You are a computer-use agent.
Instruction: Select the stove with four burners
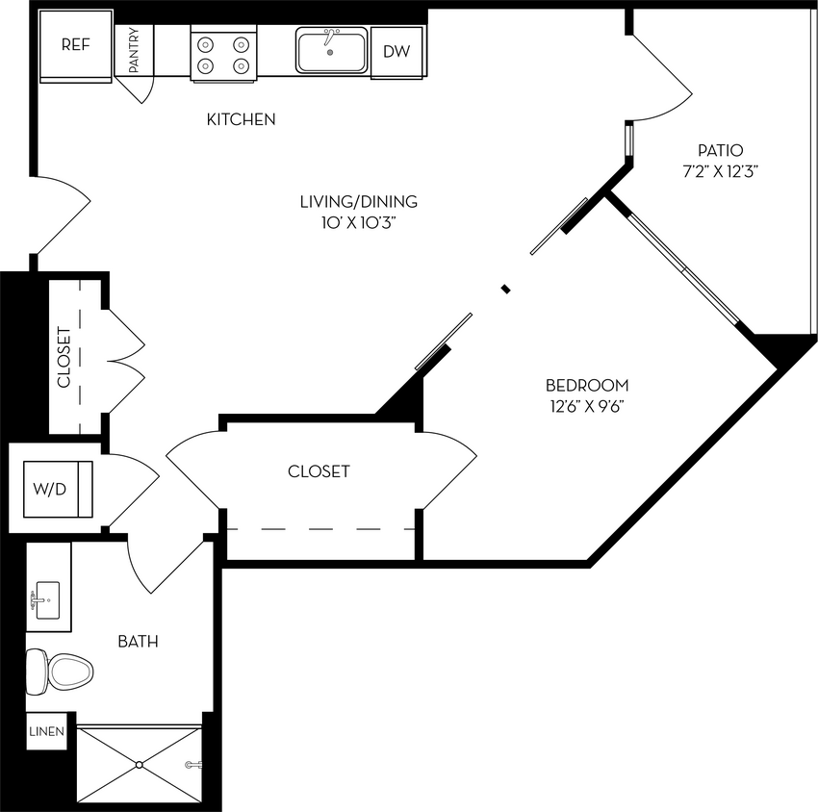221,55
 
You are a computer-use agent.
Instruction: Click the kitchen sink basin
331,51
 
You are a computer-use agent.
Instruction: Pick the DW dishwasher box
396,52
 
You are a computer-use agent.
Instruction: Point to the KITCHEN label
242,120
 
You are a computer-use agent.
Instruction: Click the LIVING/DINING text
358,202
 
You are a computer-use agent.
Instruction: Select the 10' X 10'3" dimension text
358,223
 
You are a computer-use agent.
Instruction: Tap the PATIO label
721,150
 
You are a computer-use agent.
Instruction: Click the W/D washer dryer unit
51,489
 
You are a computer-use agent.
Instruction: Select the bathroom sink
45,601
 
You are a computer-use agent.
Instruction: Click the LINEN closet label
46,732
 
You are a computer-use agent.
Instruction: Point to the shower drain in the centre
140,765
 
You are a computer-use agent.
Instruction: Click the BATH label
138,642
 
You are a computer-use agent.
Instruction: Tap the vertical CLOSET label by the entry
64,357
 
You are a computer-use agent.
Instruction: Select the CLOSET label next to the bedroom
319,471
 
